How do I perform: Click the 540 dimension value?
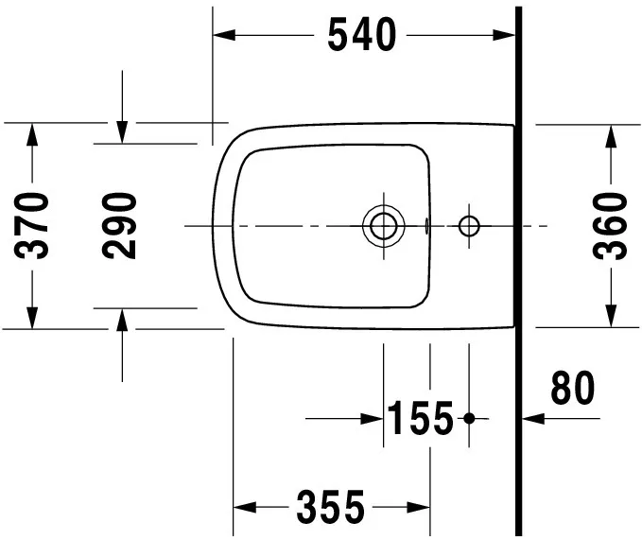click(x=362, y=36)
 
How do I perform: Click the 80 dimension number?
click(x=572, y=388)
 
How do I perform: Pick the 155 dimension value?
click(x=421, y=418)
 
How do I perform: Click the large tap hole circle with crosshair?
click(x=383, y=226)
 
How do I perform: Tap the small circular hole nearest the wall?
click(x=469, y=226)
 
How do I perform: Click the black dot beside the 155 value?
click(x=469, y=418)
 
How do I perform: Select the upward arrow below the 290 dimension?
click(x=121, y=320)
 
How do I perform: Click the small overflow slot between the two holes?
click(x=428, y=226)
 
